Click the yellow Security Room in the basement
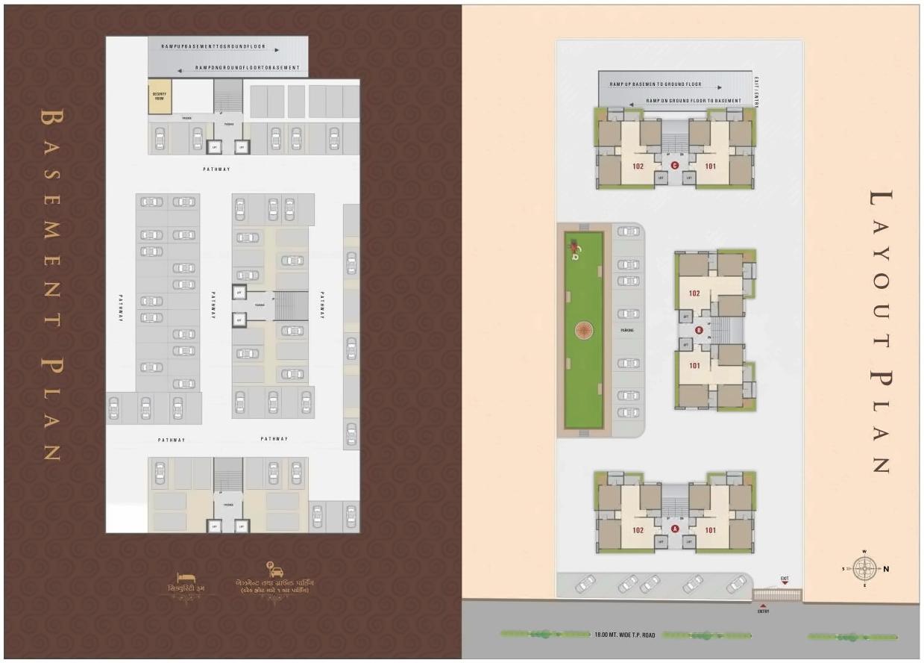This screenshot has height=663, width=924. pyautogui.click(x=159, y=97)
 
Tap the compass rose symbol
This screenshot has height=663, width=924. pyautogui.click(x=864, y=569)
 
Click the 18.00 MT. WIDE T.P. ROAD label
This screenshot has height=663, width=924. pyautogui.click(x=624, y=635)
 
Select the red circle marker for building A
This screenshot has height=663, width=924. pyautogui.click(x=675, y=529)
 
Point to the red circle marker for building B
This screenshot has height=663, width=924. pyautogui.click(x=699, y=330)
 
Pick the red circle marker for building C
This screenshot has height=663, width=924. pyautogui.click(x=675, y=166)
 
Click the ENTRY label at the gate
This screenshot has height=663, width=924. pyautogui.click(x=763, y=611)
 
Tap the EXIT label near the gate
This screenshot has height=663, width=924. pyautogui.click(x=784, y=579)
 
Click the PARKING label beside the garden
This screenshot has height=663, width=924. pyautogui.click(x=626, y=329)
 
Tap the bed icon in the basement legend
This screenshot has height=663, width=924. pyautogui.click(x=186, y=578)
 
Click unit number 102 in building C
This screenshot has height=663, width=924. pyautogui.click(x=638, y=166)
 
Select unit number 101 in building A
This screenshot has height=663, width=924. pyautogui.click(x=710, y=530)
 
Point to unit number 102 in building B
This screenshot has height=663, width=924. pyautogui.click(x=694, y=293)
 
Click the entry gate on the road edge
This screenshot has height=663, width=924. pyautogui.click(x=776, y=595)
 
